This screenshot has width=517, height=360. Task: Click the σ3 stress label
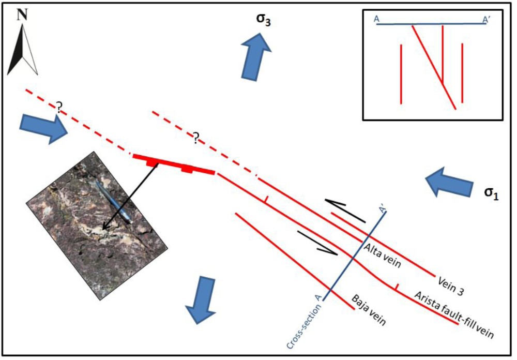[x=261, y=21]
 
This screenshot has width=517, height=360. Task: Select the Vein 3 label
[x=450, y=286]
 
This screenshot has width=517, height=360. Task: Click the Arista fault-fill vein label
[x=454, y=316]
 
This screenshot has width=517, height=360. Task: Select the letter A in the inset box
[x=377, y=19]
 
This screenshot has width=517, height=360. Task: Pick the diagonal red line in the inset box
[x=433, y=67]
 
